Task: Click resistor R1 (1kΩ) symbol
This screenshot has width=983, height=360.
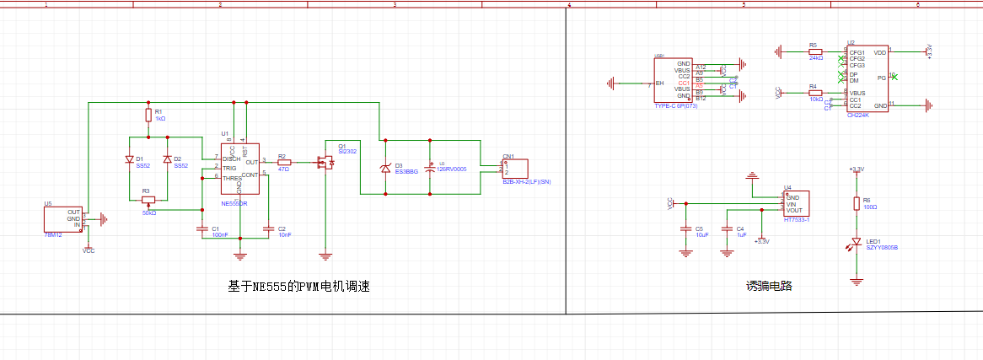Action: tap(148, 116)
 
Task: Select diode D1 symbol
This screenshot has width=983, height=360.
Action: tap(129, 159)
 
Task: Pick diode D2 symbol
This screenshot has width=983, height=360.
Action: tap(167, 159)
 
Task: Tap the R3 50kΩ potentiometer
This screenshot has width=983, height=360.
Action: tap(148, 200)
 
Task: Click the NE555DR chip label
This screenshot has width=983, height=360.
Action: tap(234, 204)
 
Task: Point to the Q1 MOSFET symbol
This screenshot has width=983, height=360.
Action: tap(325, 162)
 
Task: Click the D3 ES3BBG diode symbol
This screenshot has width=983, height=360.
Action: tap(386, 168)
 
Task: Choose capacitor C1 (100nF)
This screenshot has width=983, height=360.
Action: tap(201, 228)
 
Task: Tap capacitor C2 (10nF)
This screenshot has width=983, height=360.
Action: tap(267, 228)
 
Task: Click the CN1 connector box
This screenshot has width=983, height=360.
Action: tap(514, 169)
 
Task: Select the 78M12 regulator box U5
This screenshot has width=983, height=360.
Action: tap(63, 218)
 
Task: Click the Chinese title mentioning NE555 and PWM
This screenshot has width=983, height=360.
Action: tap(299, 287)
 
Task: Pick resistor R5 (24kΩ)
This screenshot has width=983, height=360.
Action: tap(814, 51)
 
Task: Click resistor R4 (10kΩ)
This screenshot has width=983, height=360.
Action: tap(814, 93)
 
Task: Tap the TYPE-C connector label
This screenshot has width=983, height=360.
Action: tap(676, 106)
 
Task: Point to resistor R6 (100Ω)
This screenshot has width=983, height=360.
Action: tap(857, 202)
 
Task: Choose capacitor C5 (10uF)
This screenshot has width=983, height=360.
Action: tap(685, 228)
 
